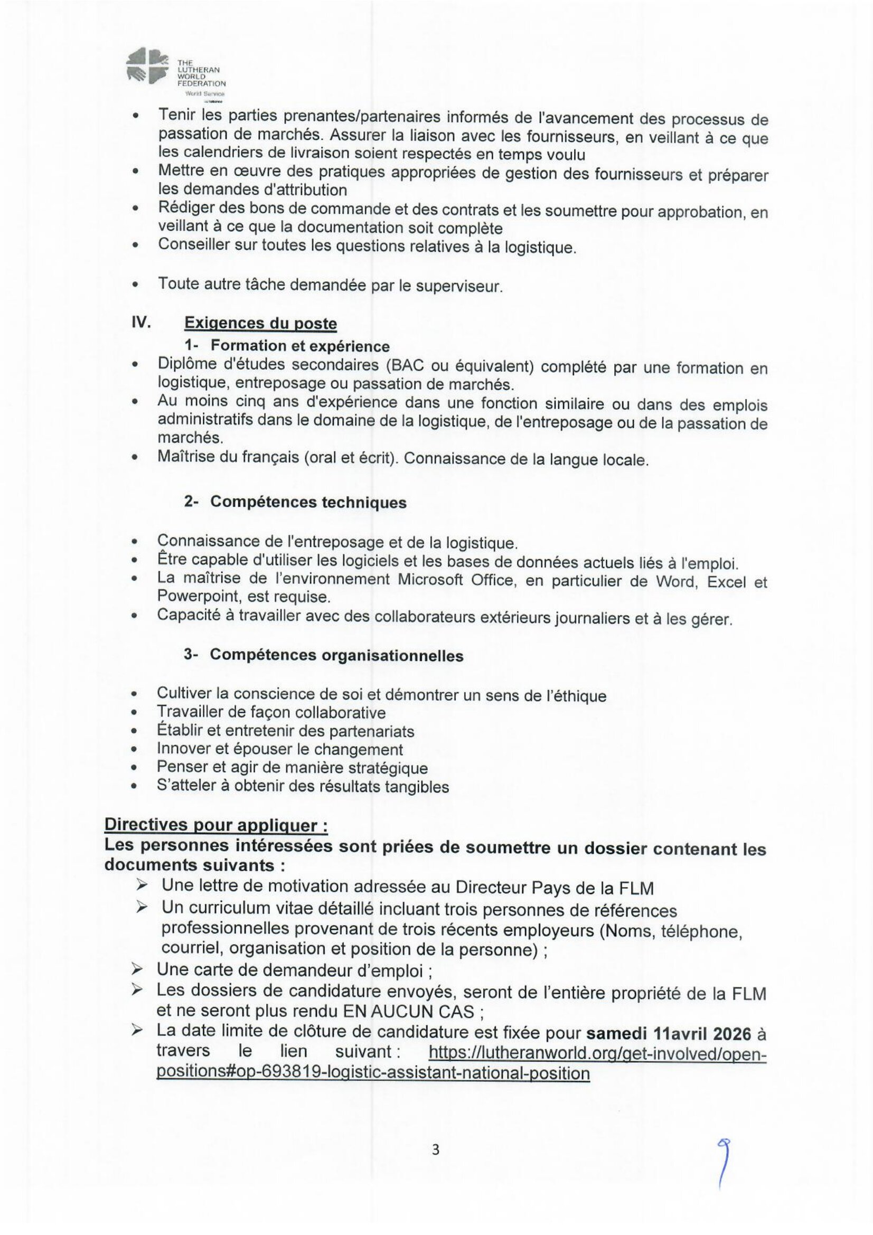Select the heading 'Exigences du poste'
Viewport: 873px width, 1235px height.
click(x=260, y=323)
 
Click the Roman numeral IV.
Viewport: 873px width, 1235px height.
click(x=140, y=322)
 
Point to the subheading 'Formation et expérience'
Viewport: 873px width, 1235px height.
click(x=299, y=346)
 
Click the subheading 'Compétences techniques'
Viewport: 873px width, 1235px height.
click(x=308, y=502)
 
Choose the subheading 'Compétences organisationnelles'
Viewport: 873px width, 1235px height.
click(x=336, y=655)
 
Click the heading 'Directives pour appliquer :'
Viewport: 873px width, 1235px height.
click(x=216, y=825)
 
